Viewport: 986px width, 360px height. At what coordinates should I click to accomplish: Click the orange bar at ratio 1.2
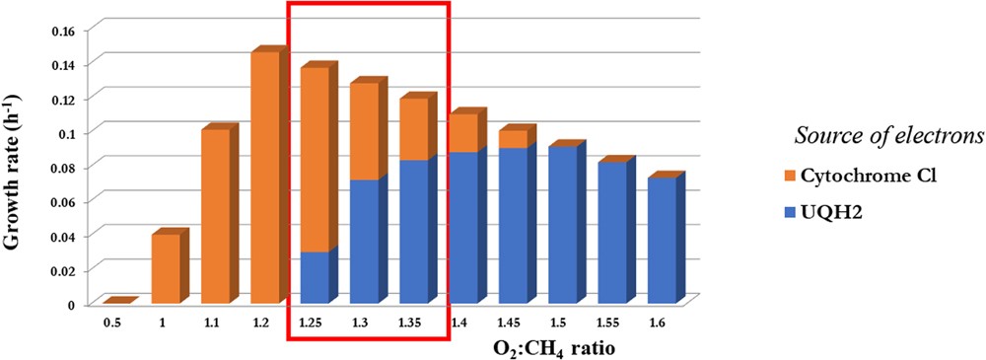tap(264, 178)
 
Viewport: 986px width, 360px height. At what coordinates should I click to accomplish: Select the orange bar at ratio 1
tap(165, 268)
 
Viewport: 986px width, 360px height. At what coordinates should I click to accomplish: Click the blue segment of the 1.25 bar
tap(314, 278)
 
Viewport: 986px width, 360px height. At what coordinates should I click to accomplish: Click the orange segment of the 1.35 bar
tap(413, 129)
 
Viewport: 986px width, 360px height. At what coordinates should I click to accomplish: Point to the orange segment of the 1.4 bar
tap(462, 133)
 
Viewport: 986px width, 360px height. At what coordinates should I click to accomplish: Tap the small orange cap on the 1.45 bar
tap(512, 139)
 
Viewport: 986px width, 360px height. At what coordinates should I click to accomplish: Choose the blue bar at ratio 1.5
tap(562, 225)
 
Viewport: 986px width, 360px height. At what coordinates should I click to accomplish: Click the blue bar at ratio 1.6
tap(662, 241)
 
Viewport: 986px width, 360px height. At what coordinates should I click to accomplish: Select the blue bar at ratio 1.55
tap(611, 233)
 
